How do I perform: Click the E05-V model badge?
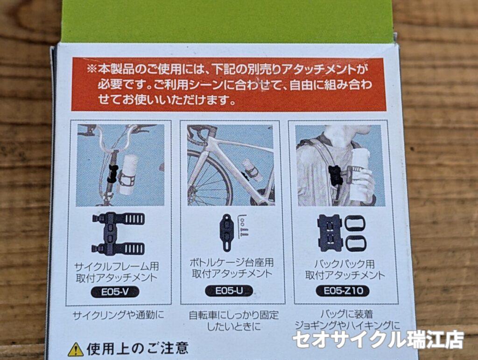pos(115,292)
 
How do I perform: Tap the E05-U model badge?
pos(229,291)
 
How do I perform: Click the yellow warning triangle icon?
pos(76,349)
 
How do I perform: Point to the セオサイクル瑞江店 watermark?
pos(378,339)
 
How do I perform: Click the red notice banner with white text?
pos(229,84)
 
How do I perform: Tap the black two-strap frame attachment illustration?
pos(118,233)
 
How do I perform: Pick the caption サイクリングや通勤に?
pos(118,315)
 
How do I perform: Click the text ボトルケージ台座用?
pos(232,262)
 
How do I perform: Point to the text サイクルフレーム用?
pos(117,267)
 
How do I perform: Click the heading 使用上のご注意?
pos(138,349)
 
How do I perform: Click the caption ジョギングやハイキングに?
pos(347,325)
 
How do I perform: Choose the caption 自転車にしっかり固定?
pos(234,315)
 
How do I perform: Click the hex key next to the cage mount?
pos(243,226)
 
